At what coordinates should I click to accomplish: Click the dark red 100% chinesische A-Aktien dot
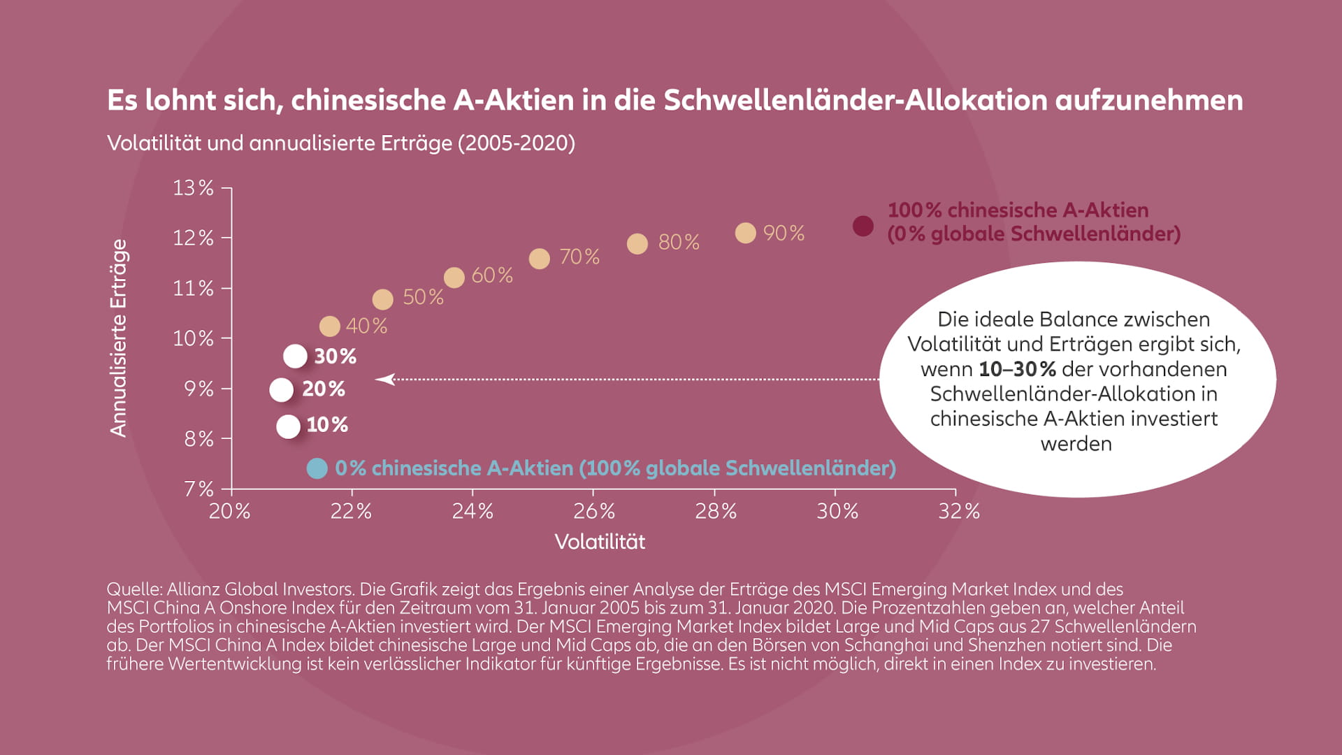pos(863,226)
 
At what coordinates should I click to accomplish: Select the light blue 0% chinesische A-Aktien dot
pos(317,468)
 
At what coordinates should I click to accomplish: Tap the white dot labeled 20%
pos(281,390)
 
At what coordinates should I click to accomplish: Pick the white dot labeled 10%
pos(288,426)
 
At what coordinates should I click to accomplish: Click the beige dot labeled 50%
pos(382,300)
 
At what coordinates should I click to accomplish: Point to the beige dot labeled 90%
pos(745,233)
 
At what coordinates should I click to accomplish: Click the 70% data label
pos(579,257)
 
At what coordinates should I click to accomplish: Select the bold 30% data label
pos(335,357)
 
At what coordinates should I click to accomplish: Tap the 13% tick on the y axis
pos(194,188)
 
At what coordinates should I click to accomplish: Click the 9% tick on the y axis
pos(199,389)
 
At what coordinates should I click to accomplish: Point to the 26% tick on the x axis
pos(594,512)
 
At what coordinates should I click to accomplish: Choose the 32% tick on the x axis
pos(959,512)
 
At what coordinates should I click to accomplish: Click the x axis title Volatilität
pos(600,542)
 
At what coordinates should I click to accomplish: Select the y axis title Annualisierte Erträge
pos(119,338)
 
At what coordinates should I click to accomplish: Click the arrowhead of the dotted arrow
pos(384,379)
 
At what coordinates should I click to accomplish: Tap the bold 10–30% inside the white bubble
pos(1017,369)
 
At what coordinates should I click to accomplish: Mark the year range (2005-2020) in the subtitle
pos(517,143)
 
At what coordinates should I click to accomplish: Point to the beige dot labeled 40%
pos(329,326)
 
